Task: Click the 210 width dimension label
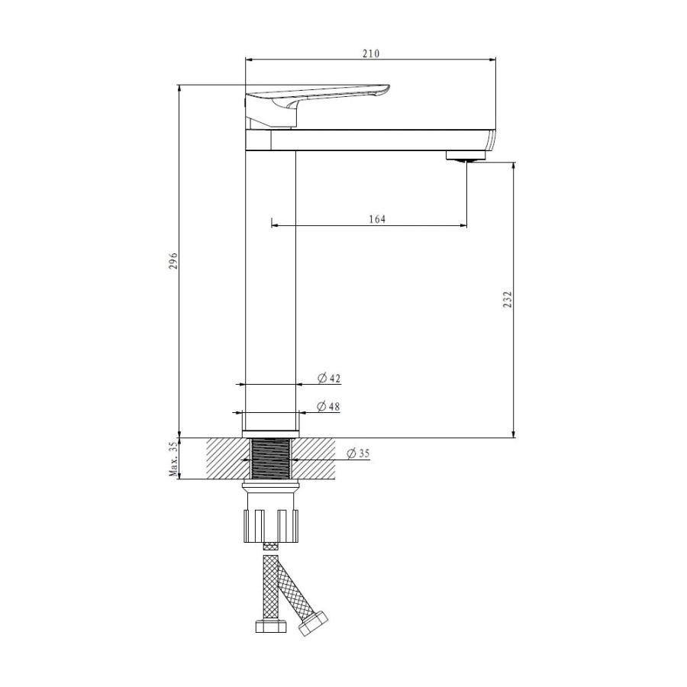[x=371, y=53]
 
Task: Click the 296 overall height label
[x=174, y=260]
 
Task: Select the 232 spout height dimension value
[x=508, y=299]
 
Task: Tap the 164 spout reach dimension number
[x=377, y=218]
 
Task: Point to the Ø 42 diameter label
[x=328, y=378]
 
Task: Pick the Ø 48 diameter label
[x=328, y=407]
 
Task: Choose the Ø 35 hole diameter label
[x=358, y=453]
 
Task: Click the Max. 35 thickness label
[x=174, y=459]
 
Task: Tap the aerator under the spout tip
[x=466, y=156]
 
